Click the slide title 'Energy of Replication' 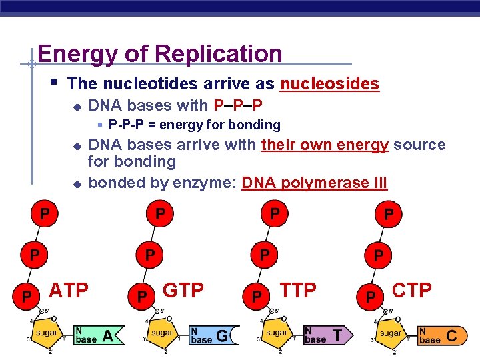(160, 53)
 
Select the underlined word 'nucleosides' (329, 84)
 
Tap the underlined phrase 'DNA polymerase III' (314, 183)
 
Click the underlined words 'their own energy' (325, 145)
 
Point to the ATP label (70, 290)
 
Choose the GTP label (184, 290)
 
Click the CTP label (412, 290)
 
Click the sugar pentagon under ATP (47, 331)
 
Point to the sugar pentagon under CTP (390, 331)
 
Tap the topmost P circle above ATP (44, 214)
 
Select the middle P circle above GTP (151, 255)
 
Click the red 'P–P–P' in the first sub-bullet (238, 105)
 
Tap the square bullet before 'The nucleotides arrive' (54, 83)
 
